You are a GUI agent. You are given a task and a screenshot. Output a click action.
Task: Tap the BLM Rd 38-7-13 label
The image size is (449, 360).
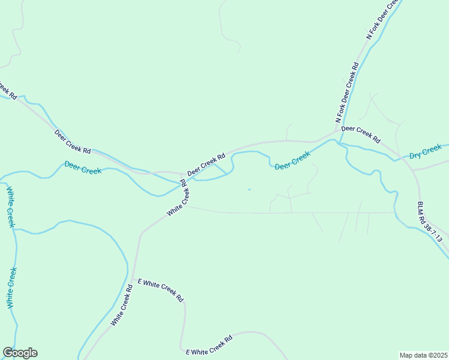(430, 221)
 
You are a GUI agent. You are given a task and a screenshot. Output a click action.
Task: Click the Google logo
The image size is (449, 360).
(20, 353)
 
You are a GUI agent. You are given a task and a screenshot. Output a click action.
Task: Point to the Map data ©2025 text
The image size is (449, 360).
(423, 355)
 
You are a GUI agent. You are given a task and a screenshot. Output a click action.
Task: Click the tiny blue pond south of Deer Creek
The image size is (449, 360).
(249, 190)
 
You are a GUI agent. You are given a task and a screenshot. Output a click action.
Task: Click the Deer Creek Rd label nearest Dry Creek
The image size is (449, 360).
(361, 134)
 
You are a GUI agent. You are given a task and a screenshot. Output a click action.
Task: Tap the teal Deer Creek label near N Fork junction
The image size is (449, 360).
(292, 160)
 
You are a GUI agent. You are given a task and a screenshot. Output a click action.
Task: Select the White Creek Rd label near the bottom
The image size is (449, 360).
(122, 305)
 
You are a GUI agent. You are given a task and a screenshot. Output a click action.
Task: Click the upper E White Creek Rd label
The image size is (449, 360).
(160, 290)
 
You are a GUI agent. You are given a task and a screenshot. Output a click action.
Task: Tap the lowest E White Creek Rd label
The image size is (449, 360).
(209, 346)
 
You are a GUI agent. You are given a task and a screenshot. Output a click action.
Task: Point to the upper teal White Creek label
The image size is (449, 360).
(10, 207)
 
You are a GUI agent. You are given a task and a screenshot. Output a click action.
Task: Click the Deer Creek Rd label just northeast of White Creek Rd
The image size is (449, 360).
(206, 164)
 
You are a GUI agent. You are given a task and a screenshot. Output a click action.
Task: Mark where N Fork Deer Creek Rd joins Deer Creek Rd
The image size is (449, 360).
(336, 133)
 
